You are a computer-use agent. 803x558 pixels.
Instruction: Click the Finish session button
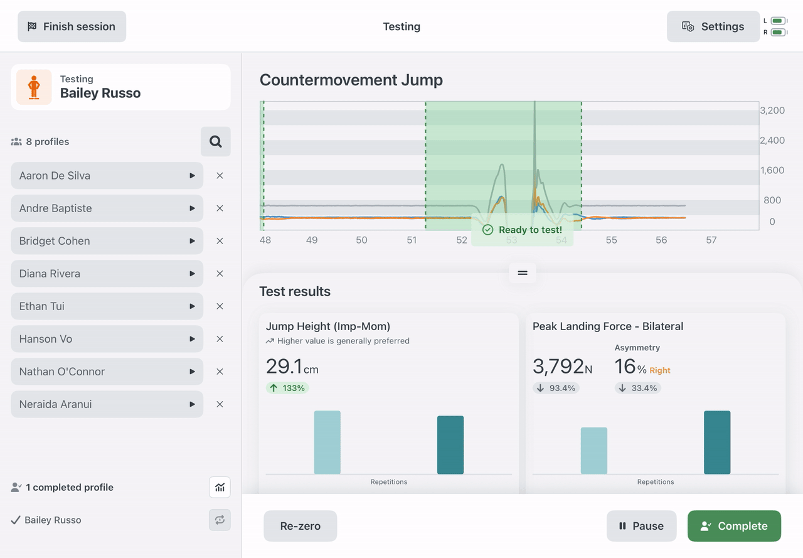72,26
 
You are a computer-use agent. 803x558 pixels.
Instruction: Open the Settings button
713,26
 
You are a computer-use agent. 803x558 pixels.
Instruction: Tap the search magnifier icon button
215,142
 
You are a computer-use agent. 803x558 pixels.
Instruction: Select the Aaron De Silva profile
107,176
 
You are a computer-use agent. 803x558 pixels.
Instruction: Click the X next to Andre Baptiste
220,208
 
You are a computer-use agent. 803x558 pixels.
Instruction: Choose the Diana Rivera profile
107,274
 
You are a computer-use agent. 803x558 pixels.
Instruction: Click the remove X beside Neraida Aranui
220,404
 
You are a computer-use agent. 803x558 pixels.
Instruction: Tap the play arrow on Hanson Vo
192,339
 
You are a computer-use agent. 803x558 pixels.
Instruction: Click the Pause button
641,526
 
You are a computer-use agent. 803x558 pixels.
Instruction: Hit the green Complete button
734,526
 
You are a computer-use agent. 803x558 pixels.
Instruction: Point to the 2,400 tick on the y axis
772,140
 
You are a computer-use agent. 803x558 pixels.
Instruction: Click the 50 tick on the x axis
361,240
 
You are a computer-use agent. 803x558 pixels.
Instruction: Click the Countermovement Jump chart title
351,80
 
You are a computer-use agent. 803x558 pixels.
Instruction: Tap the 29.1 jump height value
284,366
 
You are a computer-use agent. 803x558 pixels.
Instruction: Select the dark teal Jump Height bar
450,444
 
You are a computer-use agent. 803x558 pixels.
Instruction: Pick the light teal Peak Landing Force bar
594,451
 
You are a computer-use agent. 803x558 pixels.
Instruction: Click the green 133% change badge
287,388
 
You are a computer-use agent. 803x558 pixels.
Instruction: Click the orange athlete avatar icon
34,87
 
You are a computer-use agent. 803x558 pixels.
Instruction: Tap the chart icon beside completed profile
220,487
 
